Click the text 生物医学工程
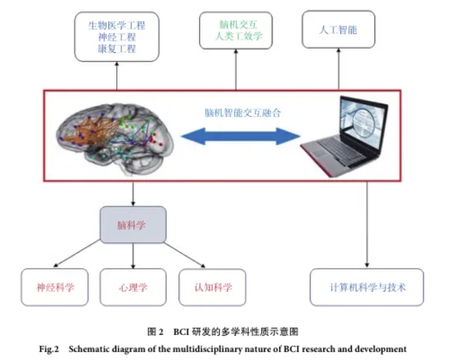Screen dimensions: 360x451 point(116,24)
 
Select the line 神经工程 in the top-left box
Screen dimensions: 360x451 point(116,36)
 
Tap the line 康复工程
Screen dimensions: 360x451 point(116,49)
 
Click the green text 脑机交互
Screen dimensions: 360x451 point(235,24)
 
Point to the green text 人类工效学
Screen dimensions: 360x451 point(235,36)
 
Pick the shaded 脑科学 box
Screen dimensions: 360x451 point(133,224)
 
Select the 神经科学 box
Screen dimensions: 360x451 point(55,287)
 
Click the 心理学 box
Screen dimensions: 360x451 point(133,287)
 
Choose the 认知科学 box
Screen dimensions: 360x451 point(211,287)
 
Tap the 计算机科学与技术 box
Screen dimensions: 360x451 point(367,287)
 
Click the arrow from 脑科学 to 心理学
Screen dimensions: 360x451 point(133,254)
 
